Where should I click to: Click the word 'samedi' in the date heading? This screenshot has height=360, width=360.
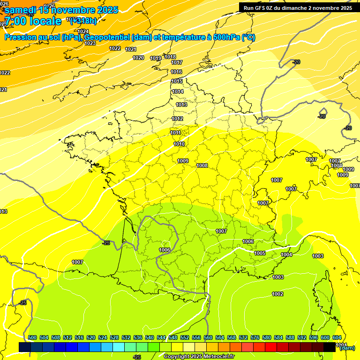tap(21, 10)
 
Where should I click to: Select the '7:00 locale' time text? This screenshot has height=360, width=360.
tap(33, 21)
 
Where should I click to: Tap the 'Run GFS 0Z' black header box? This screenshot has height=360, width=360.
tap(298, 7)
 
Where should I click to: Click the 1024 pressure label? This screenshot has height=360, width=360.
tap(83, 31)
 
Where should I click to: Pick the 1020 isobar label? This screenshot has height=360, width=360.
tap(138, 58)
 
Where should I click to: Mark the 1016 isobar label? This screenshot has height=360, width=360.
tap(176, 72)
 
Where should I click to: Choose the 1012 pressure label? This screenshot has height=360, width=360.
tap(177, 119)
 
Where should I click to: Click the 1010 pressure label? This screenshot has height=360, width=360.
tap(179, 144)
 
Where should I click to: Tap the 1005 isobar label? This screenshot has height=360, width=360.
tap(260, 253)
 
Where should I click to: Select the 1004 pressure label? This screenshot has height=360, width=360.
tap(286, 255)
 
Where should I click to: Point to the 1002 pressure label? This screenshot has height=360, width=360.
tap(277, 294)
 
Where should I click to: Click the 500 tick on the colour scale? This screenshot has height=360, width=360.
tap(32, 337)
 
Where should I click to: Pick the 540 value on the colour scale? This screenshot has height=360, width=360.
tap(150, 337)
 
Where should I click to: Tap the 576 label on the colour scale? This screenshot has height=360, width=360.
tap(255, 337)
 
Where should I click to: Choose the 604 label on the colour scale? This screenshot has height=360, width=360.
tap(337, 337)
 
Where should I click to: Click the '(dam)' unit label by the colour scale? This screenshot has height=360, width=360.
tap(347, 348)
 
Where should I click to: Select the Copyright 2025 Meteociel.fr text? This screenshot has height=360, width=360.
tap(198, 357)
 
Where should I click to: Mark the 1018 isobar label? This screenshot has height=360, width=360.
tap(170, 57)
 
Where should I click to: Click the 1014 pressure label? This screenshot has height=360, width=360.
tap(178, 91)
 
